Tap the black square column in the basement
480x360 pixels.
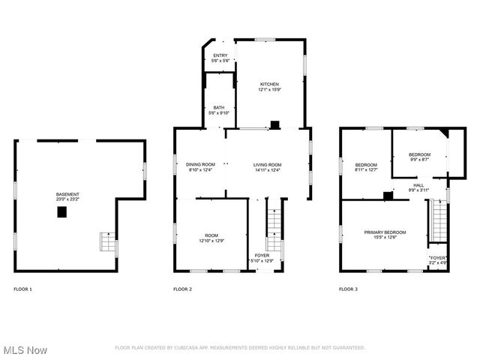(x=61, y=212)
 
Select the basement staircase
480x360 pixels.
(x=107, y=243)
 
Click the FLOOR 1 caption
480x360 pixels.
(x=23, y=289)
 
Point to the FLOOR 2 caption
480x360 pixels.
(x=182, y=289)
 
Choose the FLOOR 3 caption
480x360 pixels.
(x=348, y=289)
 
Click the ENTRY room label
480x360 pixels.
(x=220, y=56)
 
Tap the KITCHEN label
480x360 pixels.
(x=269, y=84)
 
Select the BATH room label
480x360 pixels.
(x=218, y=108)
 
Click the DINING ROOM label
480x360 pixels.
(x=200, y=164)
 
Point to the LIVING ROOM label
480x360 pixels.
(x=267, y=164)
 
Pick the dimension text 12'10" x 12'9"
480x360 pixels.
(x=211, y=241)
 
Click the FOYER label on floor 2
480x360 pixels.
(x=262, y=255)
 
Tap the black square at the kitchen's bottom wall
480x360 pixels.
(x=275, y=124)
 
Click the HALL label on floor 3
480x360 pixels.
(x=418, y=184)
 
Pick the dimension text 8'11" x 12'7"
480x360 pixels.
(x=366, y=169)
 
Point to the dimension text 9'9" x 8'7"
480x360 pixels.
(x=419, y=159)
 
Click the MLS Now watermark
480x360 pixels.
(x=25, y=350)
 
